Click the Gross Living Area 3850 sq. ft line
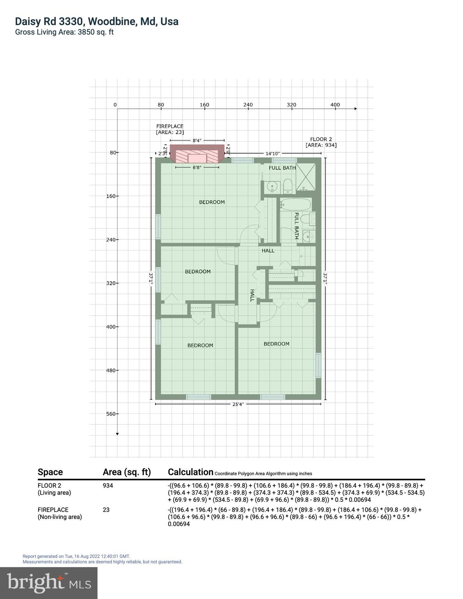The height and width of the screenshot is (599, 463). (x=64, y=32)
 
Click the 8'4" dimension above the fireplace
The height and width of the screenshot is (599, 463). (x=197, y=140)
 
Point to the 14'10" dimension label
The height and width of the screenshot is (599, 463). (x=272, y=154)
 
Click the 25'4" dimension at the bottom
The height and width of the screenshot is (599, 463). (x=238, y=404)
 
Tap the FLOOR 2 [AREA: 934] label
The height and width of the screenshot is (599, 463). (x=321, y=142)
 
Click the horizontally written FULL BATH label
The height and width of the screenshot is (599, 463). (x=282, y=168)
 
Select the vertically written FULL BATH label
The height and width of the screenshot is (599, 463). (x=296, y=226)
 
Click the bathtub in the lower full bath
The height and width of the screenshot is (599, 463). (x=296, y=204)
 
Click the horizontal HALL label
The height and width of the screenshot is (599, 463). (x=268, y=251)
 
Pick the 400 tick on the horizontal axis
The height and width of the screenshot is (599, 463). (x=335, y=105)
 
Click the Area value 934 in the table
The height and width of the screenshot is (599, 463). (x=108, y=486)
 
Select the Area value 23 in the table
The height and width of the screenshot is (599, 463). (x=106, y=510)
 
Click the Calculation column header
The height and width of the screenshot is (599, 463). (x=190, y=472)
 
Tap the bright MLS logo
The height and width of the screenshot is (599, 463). (x=49, y=583)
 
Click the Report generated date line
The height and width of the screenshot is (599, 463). (x=76, y=556)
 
